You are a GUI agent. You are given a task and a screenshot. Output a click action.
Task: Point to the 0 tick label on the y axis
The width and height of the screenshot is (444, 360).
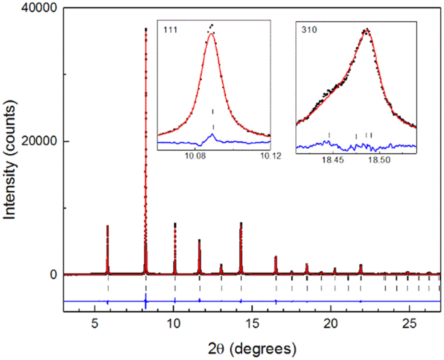tap(56, 275)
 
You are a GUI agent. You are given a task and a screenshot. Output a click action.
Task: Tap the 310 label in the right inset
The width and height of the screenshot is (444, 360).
tap(307, 29)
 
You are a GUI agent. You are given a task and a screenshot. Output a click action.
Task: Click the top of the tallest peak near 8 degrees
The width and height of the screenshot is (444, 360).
tap(145, 29)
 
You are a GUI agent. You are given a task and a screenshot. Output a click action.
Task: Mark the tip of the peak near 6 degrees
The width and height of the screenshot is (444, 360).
tap(107, 226)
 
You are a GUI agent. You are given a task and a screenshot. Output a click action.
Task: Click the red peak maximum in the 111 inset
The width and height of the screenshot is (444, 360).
tap(211, 34)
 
